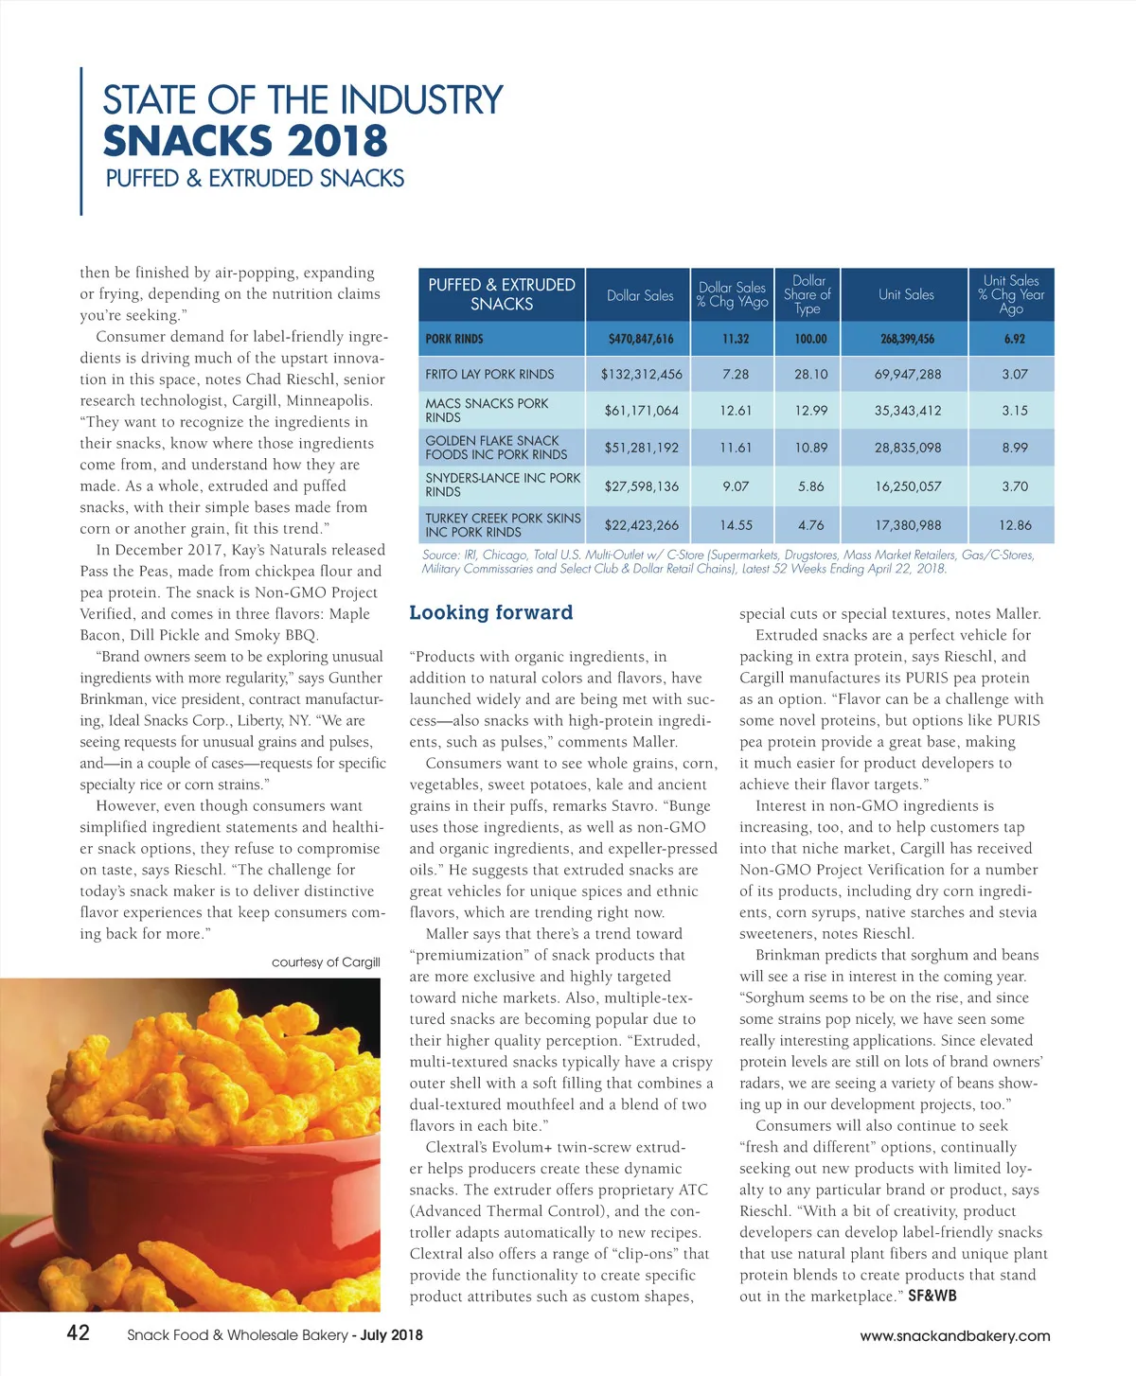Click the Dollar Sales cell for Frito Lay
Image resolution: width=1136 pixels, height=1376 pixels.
641,374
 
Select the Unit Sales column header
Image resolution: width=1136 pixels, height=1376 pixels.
906,294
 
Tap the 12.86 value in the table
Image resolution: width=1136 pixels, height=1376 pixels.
1015,524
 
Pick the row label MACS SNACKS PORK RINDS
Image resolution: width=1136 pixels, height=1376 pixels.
487,410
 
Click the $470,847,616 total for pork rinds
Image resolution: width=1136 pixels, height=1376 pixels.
641,339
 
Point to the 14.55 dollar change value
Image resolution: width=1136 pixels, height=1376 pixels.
736,524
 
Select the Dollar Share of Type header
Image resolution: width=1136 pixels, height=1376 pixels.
808,294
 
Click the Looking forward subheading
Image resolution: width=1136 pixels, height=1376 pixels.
491,612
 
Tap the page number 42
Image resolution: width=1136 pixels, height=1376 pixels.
78,1332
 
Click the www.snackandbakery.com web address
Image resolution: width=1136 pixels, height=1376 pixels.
954,1335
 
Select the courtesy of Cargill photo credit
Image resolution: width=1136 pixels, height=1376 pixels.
326,961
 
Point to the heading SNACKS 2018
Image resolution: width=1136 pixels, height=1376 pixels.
245,141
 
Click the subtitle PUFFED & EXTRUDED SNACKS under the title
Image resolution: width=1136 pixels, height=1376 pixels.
255,178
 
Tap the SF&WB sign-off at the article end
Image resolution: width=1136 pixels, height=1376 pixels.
932,1296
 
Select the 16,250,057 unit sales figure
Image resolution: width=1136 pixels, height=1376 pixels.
907,486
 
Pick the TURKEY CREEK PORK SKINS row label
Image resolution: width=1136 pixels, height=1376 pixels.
503,524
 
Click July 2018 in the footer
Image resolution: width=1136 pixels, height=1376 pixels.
392,1335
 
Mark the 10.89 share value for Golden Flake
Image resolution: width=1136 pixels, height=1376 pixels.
811,448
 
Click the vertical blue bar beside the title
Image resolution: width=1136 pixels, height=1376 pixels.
81,141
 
